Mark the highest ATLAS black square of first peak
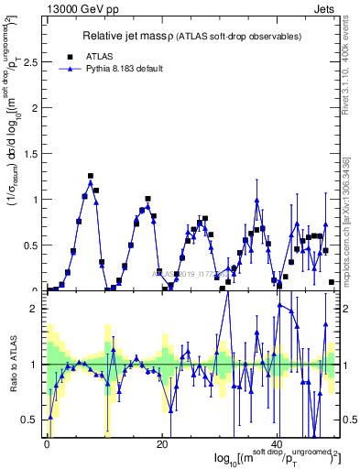(91, 176)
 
